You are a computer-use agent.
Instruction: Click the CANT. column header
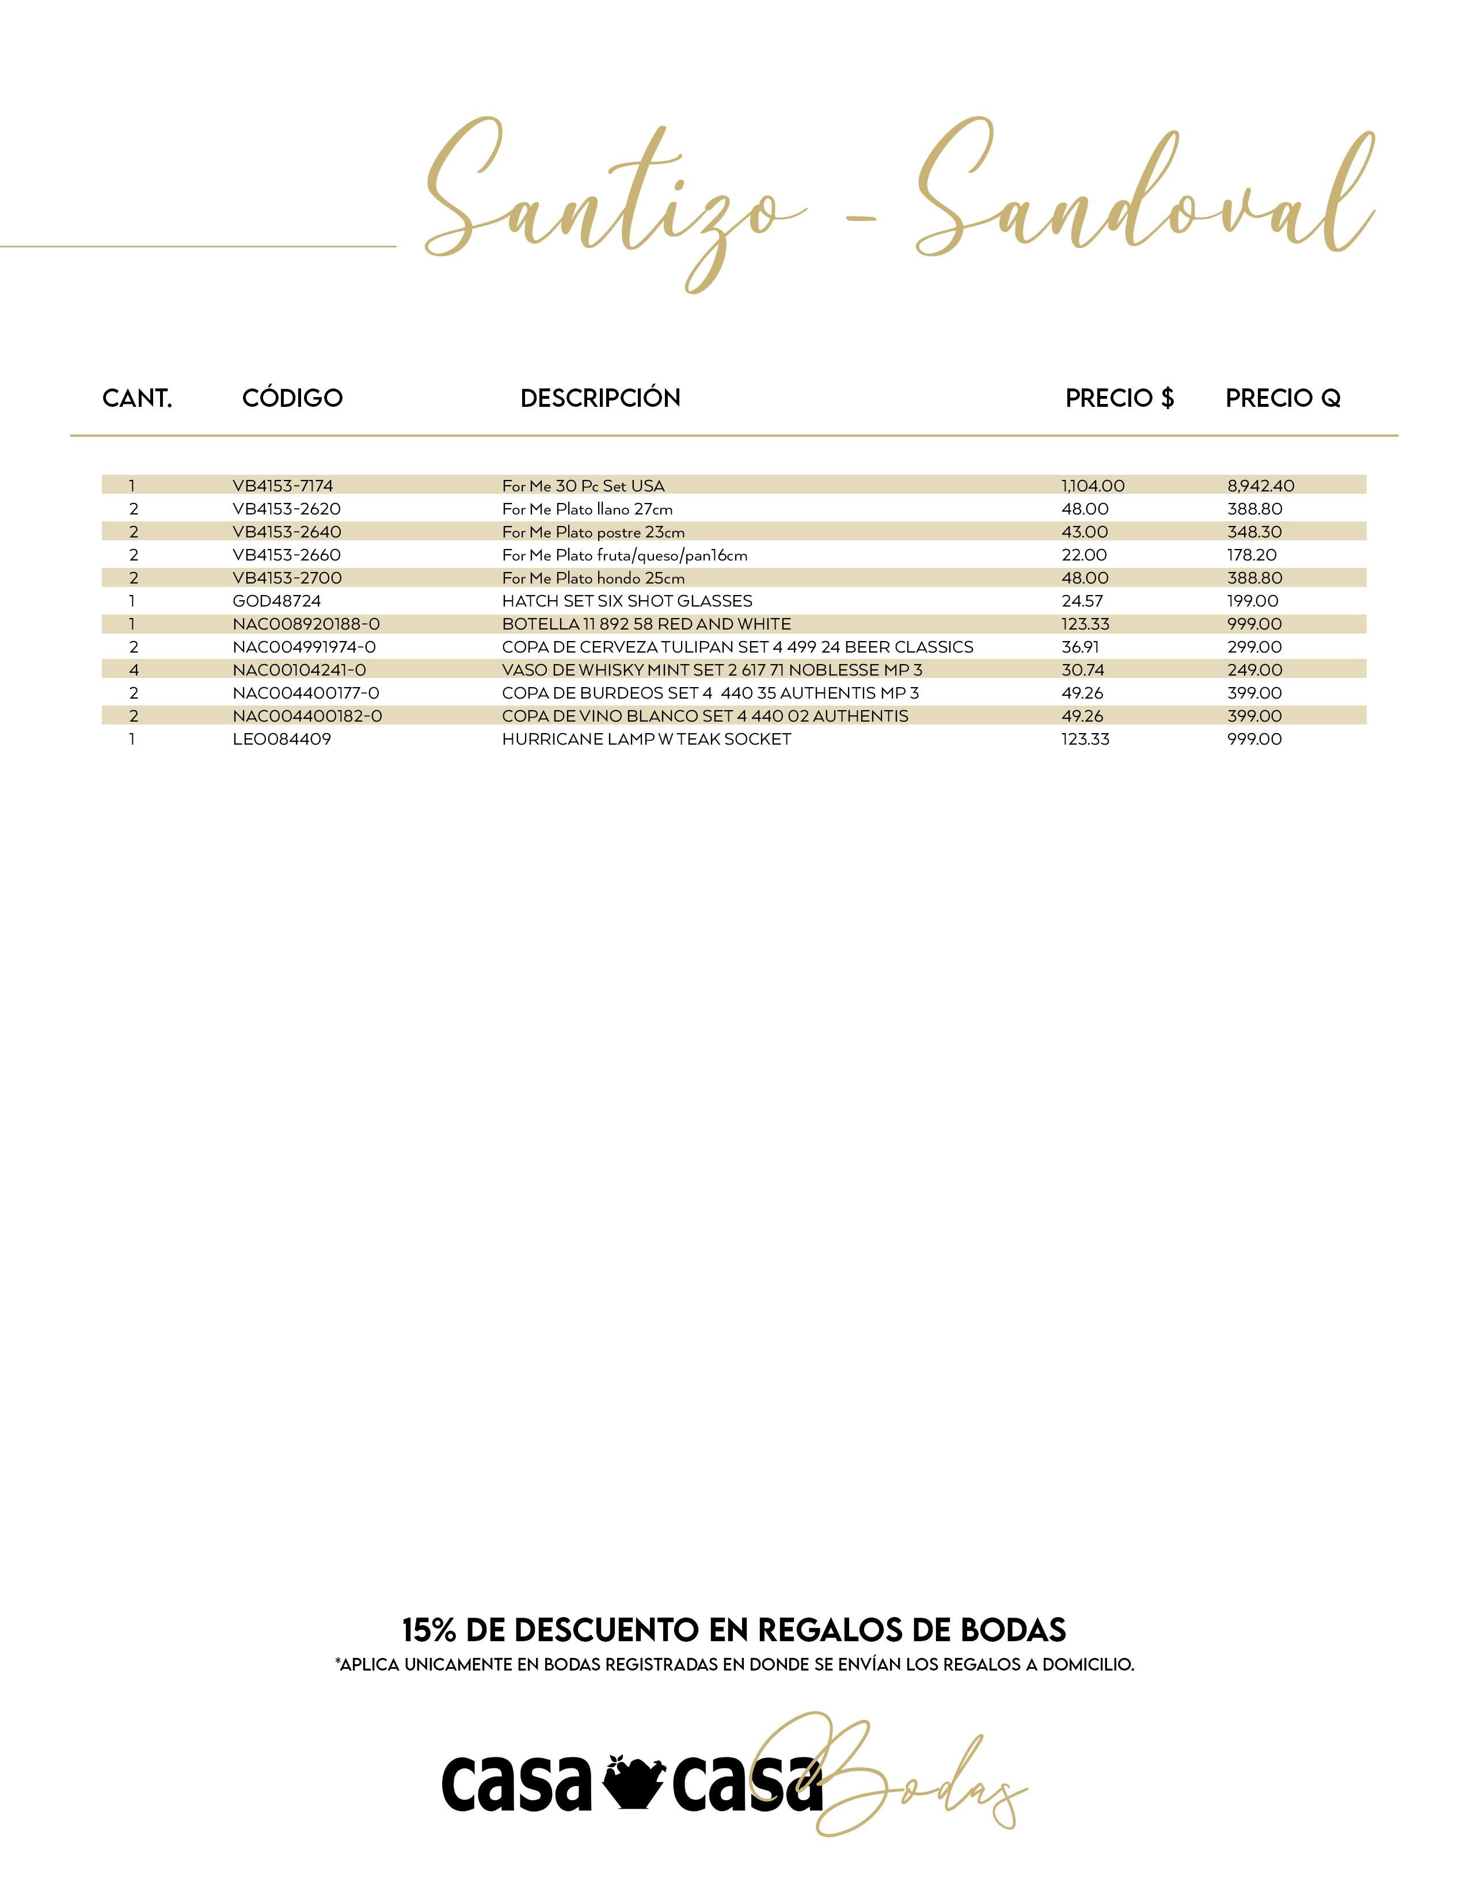coord(138,398)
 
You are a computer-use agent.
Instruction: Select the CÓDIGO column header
coord(292,398)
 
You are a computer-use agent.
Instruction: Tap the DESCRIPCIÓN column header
coord(600,398)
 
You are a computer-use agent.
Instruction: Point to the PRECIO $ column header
coord(1119,398)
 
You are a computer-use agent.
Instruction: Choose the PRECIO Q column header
coord(1283,398)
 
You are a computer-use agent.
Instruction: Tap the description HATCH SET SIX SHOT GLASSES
coord(627,601)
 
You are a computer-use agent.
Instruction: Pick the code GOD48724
coord(276,601)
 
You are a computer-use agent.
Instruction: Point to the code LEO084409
coord(282,739)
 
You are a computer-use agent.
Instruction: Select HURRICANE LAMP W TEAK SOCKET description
coord(646,739)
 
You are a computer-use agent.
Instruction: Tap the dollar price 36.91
coord(1080,647)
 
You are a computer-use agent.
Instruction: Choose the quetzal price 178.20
coord(1252,555)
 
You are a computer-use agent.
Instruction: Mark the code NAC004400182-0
coord(307,716)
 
